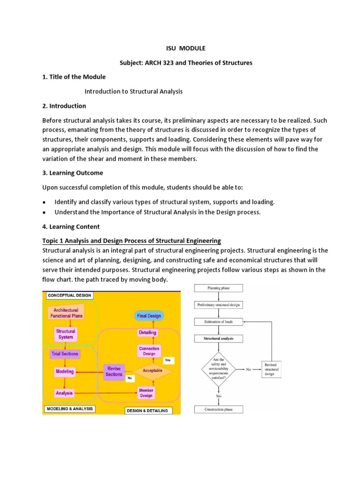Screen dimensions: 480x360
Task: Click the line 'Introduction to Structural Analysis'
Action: [x=133, y=91]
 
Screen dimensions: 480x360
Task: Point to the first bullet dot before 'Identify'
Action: [x=44, y=202]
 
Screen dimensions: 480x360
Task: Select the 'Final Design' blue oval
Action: [x=149, y=316]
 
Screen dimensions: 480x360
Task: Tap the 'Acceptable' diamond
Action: [x=152, y=370]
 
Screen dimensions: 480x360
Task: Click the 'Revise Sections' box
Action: [x=114, y=371]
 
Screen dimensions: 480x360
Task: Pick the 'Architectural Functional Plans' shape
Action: [x=66, y=313]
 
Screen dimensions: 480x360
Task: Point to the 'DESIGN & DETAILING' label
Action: [x=147, y=411]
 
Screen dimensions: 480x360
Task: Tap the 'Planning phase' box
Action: [x=218, y=288]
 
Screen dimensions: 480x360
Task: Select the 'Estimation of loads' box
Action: [x=218, y=322]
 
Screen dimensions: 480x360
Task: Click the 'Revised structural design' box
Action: [x=270, y=369]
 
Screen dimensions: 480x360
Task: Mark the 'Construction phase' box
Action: [x=218, y=409]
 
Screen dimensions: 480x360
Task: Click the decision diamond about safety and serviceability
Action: [x=218, y=369]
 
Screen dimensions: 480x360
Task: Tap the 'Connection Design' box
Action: [x=149, y=351]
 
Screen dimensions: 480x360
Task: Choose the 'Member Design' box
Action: [x=146, y=393]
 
